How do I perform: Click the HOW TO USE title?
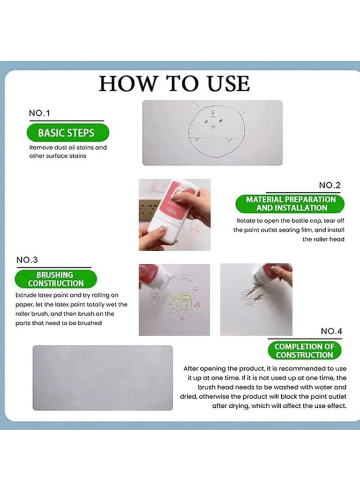[x=174, y=84]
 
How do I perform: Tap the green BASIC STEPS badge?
[x=68, y=133]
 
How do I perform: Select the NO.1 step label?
[x=39, y=113]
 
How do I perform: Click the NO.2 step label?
[x=330, y=185]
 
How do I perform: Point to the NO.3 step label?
[x=27, y=260]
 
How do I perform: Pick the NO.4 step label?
[x=332, y=331]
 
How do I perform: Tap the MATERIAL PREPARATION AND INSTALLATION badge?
[x=290, y=203]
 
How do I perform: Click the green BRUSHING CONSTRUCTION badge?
[x=56, y=279]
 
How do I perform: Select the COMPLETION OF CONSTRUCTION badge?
[x=304, y=351]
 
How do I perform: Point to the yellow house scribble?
[x=178, y=301]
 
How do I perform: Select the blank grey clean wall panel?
[x=103, y=378]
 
